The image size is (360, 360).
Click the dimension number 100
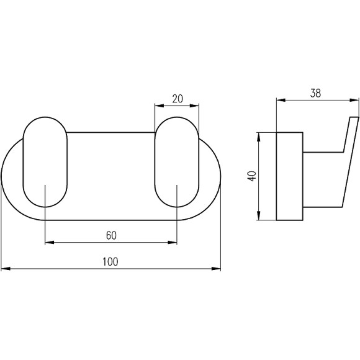(x=110, y=262)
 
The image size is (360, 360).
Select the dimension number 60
(x=111, y=235)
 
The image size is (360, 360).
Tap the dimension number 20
(x=178, y=99)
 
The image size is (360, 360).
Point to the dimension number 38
(x=315, y=93)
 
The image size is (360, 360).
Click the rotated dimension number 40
(x=253, y=176)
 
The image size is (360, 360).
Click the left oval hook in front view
(x=45, y=162)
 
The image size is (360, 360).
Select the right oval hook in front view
(x=177, y=162)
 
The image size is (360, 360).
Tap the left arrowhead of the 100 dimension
(x=6, y=269)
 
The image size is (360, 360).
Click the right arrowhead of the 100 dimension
(x=216, y=269)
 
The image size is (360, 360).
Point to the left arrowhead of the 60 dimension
(x=50, y=242)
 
